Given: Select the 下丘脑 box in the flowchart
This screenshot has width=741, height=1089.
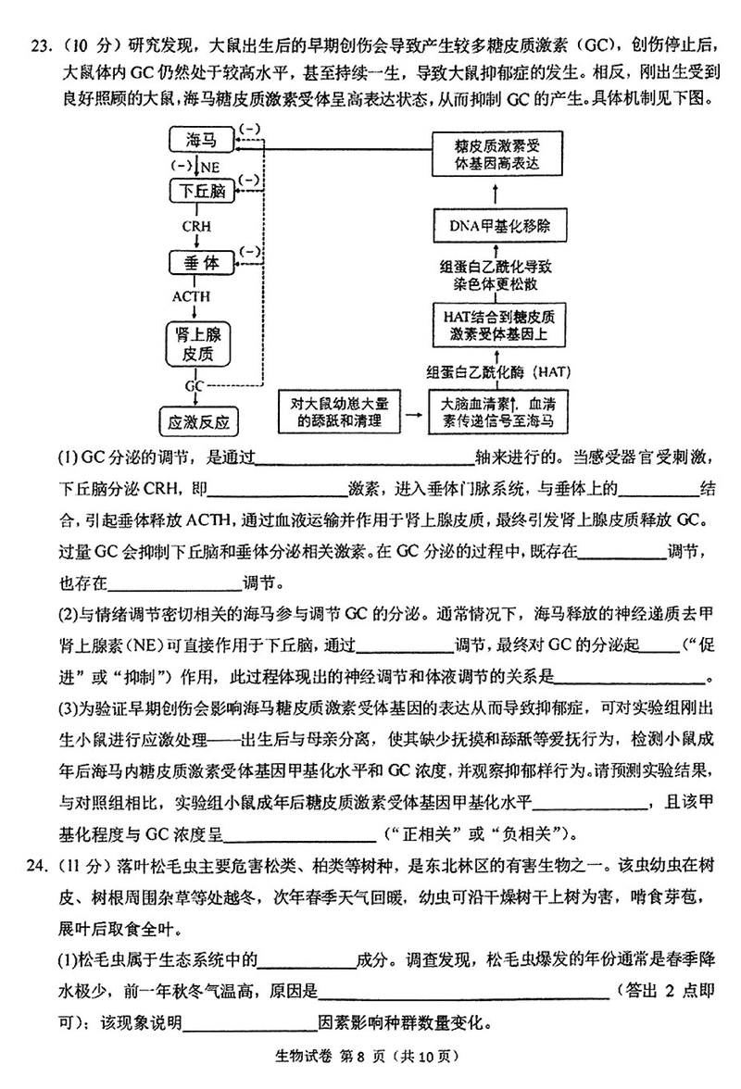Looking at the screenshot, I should pos(201,191).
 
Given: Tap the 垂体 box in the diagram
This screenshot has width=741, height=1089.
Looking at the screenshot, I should pos(201,263).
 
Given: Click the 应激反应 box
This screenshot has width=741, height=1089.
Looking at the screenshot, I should pos(199,422).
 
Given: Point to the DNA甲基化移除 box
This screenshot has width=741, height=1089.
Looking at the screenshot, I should pos(495,225).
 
